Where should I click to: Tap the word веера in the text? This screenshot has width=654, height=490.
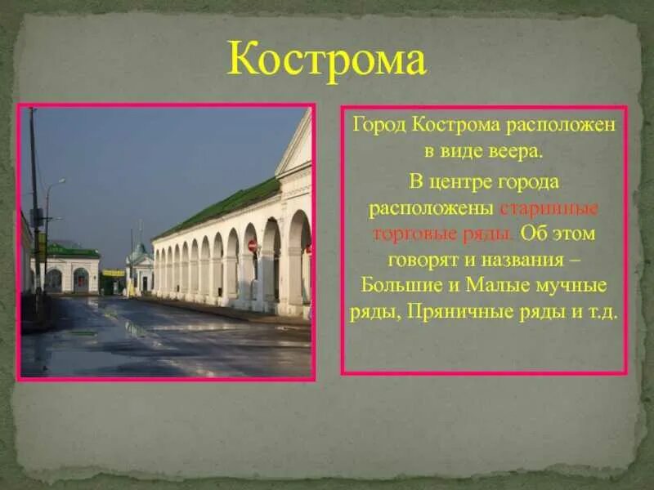513,153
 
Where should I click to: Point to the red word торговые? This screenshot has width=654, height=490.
406,234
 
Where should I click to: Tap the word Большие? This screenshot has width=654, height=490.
398,286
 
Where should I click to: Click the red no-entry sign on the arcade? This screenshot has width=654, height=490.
253,245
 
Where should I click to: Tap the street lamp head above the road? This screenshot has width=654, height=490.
61,181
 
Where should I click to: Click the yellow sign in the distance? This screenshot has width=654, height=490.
114,273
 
